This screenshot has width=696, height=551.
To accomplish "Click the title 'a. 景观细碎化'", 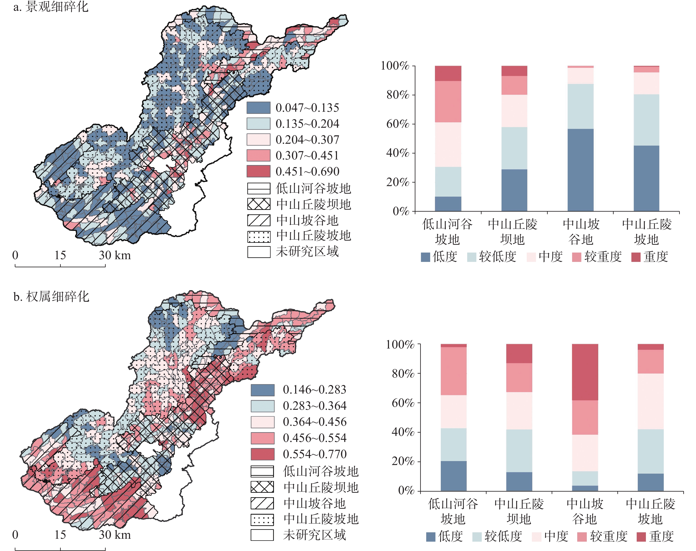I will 51,6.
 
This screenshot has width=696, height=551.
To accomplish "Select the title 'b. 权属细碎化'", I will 51,297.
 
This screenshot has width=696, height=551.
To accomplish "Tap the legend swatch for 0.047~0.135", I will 258,108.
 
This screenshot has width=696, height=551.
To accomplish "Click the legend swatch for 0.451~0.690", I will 258,171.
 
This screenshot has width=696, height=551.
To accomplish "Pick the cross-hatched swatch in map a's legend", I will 258,204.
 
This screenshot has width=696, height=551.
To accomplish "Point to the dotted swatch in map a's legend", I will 258,236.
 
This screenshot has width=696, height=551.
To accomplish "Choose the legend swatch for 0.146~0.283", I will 263,390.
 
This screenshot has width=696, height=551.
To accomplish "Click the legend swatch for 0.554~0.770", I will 263,454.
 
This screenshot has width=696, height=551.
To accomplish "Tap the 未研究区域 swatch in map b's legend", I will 263,535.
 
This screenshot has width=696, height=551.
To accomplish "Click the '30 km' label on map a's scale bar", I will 115,255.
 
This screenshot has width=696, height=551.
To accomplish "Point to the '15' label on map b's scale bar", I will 60,535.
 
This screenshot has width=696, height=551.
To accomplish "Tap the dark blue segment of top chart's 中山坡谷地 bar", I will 580,170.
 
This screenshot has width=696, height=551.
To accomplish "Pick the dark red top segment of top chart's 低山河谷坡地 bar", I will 448,73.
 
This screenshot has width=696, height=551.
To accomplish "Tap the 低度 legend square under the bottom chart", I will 431,537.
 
